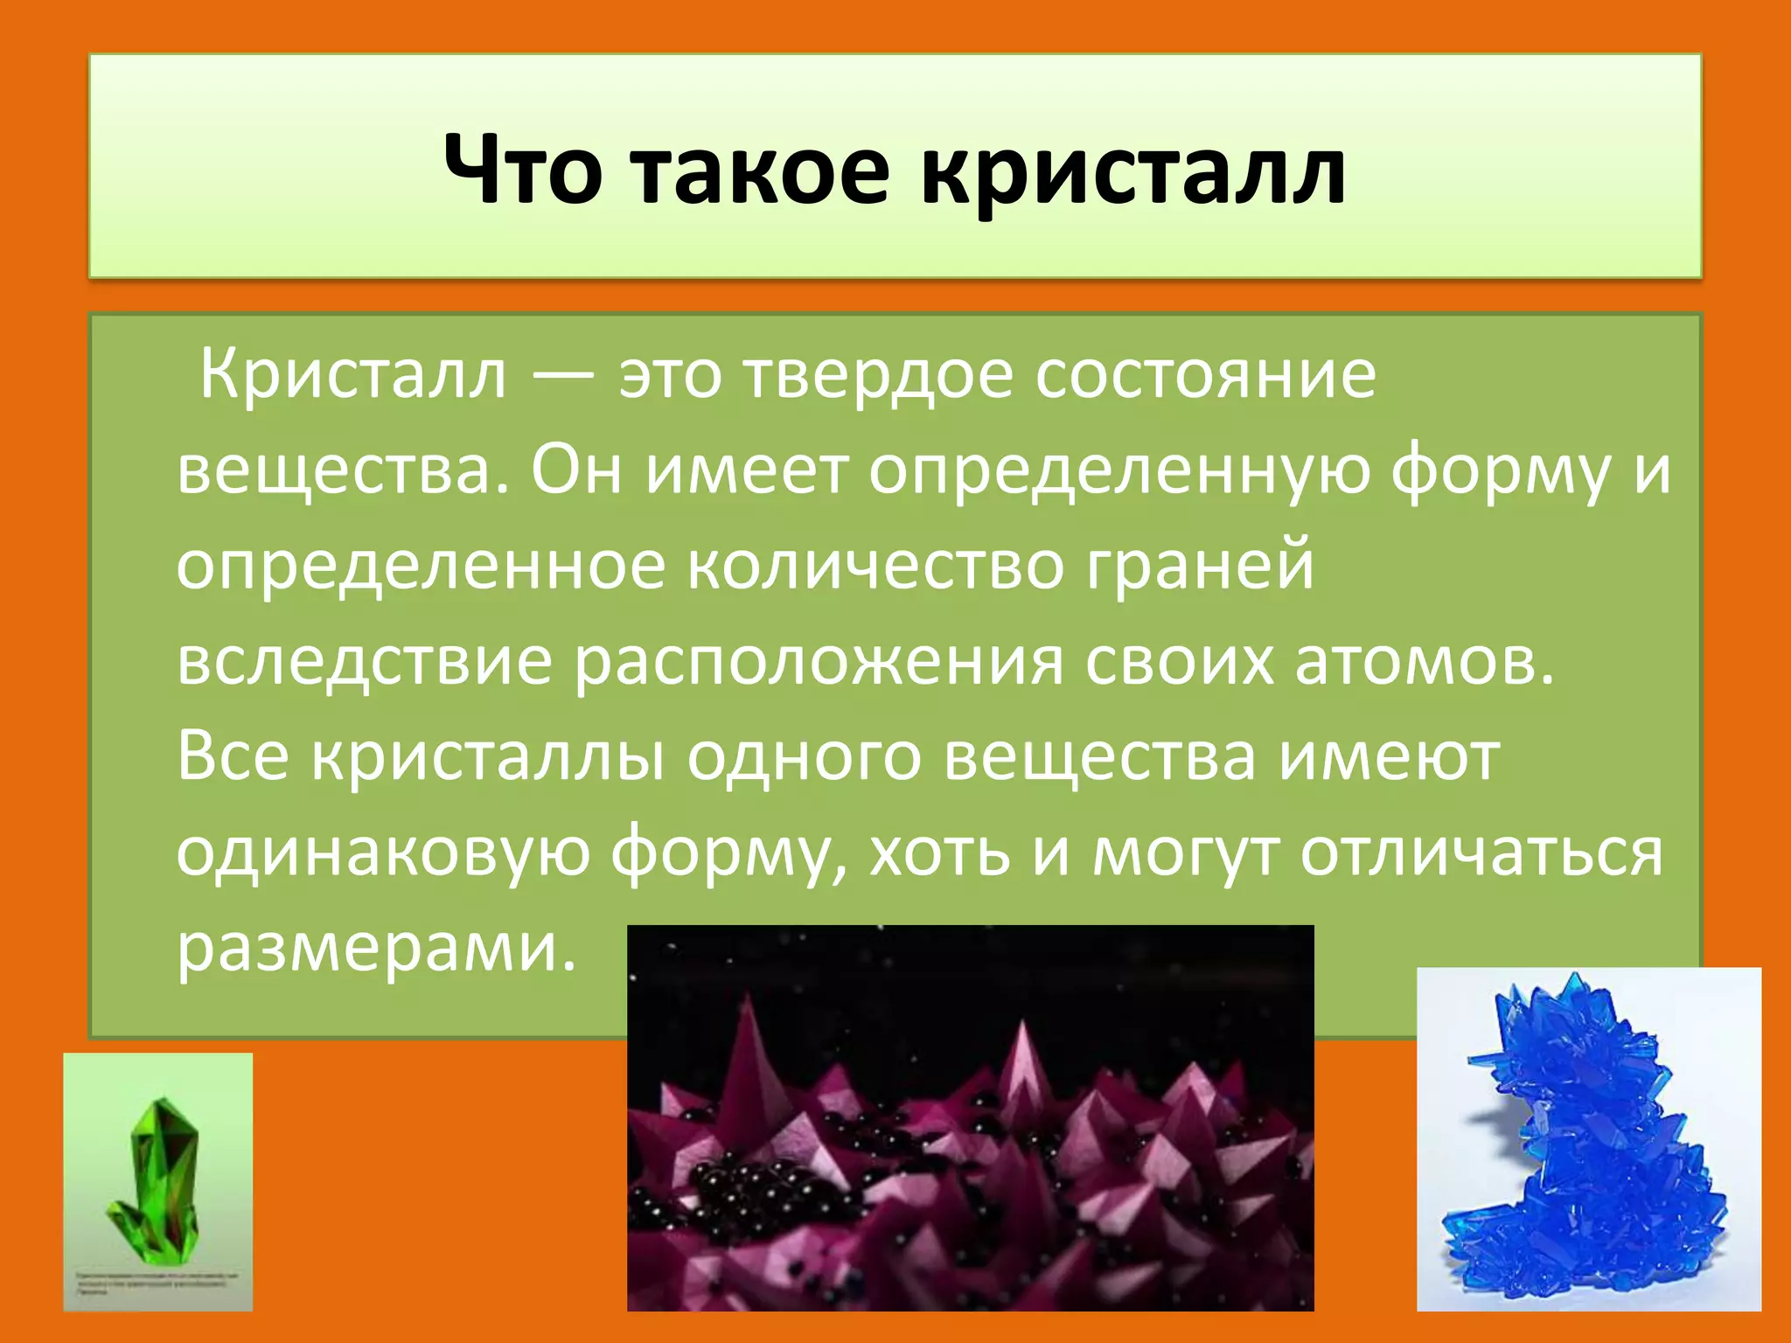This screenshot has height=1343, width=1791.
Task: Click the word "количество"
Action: click(x=875, y=567)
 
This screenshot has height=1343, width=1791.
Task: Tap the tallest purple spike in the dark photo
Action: click(x=749, y=1049)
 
